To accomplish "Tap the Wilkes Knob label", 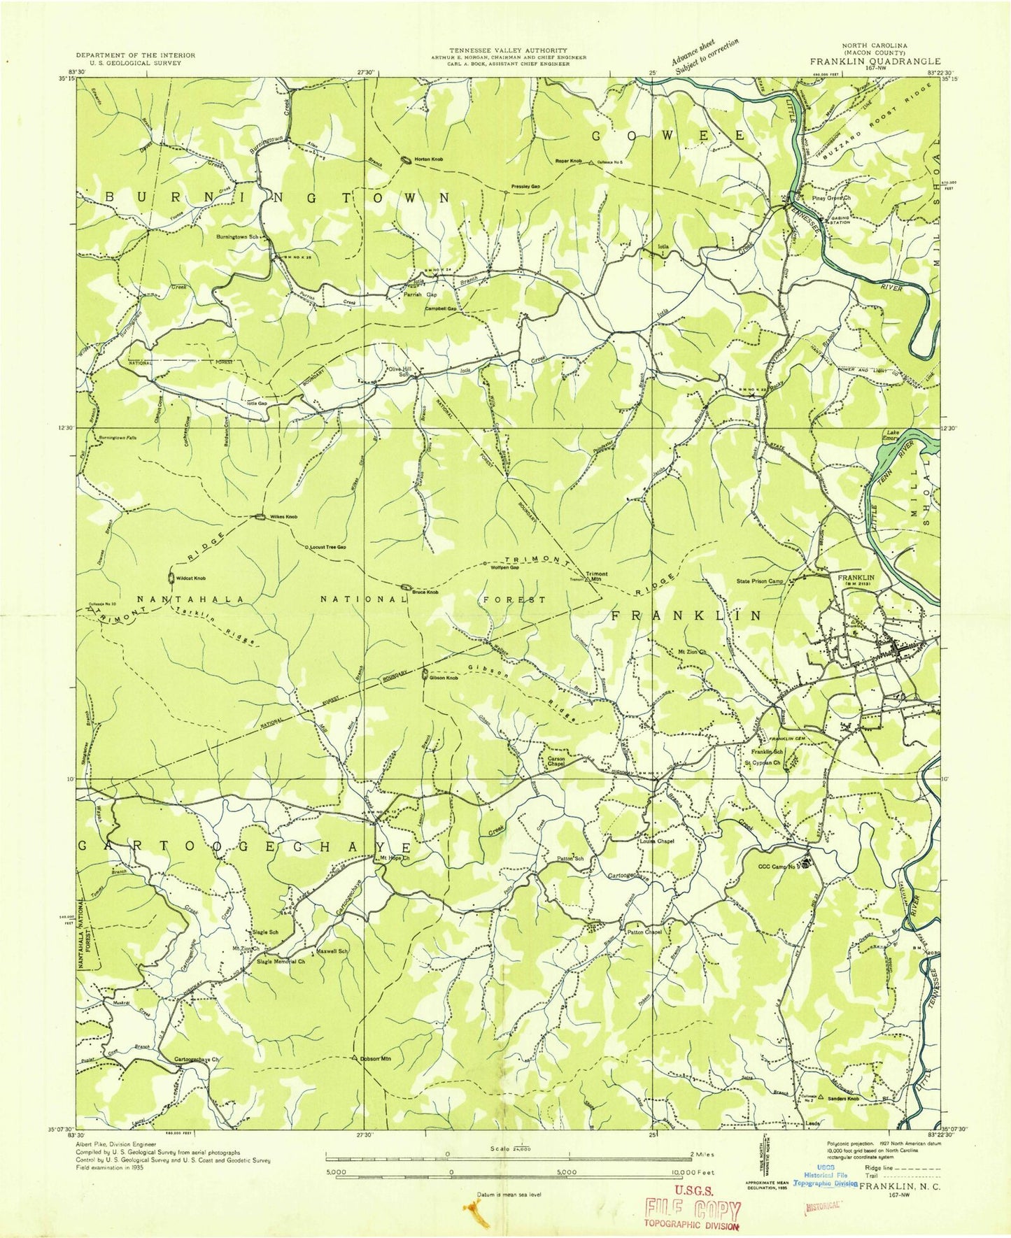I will tap(284, 517).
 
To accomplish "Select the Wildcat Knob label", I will tap(190, 578).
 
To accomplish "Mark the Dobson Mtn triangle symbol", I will tap(355, 1057).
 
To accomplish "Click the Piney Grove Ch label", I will tap(830, 198).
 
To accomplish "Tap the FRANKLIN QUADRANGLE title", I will tap(875, 61).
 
